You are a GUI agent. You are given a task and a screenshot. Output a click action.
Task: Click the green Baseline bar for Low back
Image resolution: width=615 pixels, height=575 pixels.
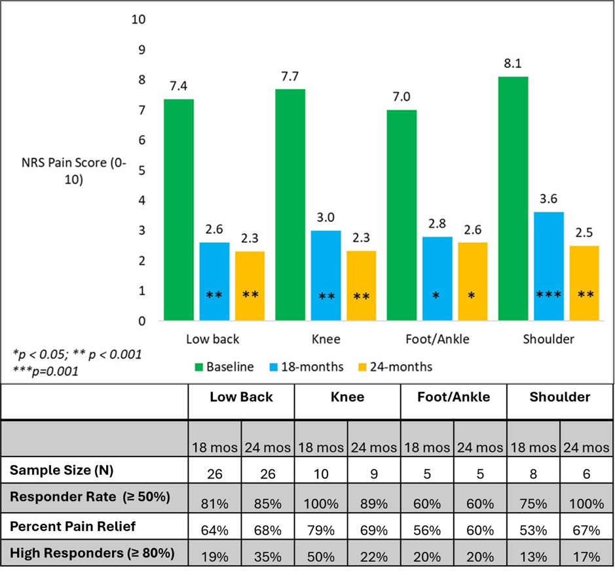coord(179,210)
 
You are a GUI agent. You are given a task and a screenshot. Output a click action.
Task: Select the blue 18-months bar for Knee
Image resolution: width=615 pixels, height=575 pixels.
coord(326,275)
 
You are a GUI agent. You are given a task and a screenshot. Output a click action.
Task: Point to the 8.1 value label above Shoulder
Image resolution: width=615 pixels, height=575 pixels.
coord(513,65)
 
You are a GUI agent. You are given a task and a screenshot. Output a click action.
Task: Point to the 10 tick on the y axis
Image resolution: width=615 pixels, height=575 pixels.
coord(138,19)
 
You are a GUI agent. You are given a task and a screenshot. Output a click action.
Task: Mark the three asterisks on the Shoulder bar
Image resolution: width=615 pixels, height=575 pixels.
coord(549,296)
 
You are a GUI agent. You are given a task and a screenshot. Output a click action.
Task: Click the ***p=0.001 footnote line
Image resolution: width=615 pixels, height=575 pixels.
coord(47,371)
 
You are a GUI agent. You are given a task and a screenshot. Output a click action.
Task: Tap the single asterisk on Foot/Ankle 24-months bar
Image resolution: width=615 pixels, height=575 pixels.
coord(472,296)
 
